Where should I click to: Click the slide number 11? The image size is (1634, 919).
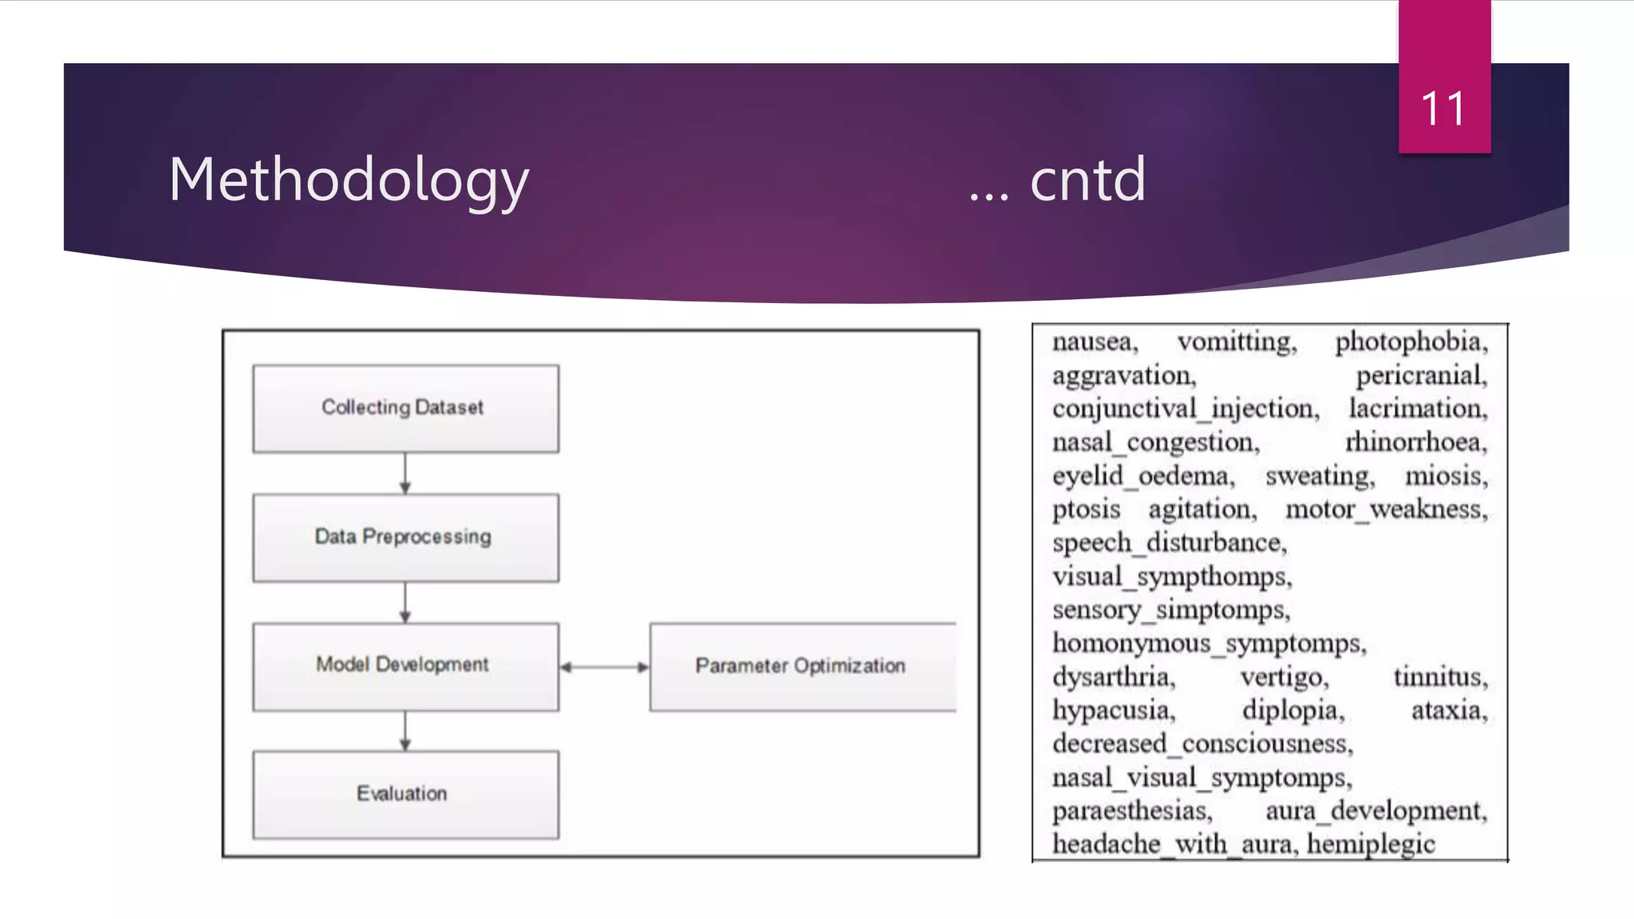[1443, 108]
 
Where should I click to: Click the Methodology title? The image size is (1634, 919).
[349, 180]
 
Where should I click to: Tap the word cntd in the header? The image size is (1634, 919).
[1087, 180]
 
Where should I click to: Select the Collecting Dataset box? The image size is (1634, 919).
[405, 408]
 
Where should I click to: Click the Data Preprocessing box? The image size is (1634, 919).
[405, 537]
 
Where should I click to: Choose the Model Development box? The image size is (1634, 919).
[405, 665]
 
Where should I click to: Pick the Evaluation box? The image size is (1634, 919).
[405, 794]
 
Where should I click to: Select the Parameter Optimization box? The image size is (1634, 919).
[801, 666]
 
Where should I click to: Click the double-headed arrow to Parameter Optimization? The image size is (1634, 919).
[605, 667]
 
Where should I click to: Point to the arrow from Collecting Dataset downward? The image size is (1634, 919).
[405, 473]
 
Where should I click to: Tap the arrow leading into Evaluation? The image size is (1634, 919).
[405, 731]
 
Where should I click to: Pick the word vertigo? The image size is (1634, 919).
[1284, 677]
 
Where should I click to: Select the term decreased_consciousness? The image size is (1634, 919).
[1202, 744]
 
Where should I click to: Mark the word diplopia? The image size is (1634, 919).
[1293, 711]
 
